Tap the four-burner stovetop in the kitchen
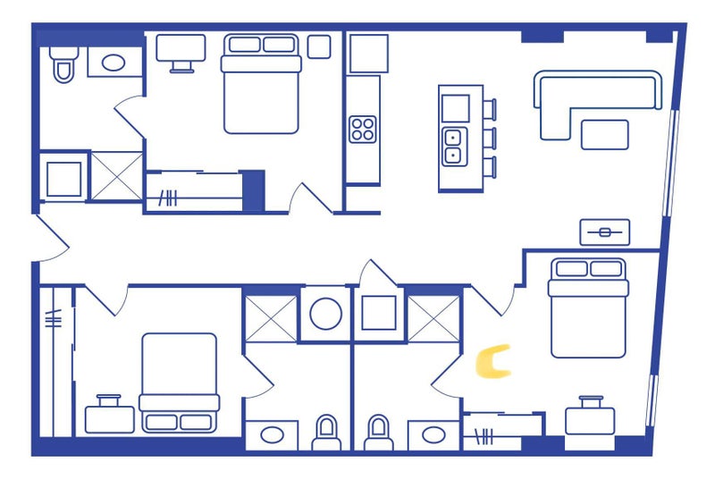click(x=363, y=129)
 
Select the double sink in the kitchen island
click(x=453, y=147)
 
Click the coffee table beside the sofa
click(x=605, y=135)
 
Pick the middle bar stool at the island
click(x=490, y=138)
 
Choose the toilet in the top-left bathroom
click(x=63, y=64)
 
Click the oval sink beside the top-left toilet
click(x=114, y=63)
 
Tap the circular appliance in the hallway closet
click(x=325, y=314)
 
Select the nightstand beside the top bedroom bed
click(x=319, y=46)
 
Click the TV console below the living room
click(x=605, y=232)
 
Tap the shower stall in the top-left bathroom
click(x=117, y=176)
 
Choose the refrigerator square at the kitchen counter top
click(x=369, y=54)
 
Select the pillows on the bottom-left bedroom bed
click(x=179, y=422)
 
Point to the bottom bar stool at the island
click(x=490, y=167)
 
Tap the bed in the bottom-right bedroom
click(x=588, y=307)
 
